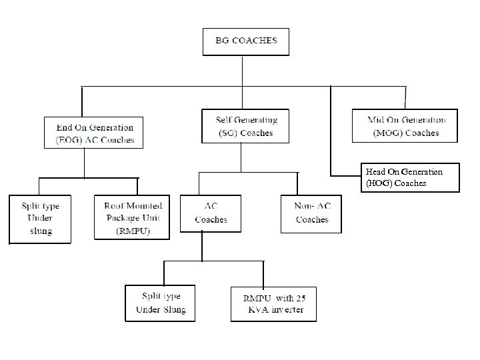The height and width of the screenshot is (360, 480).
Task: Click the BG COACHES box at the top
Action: click(246, 41)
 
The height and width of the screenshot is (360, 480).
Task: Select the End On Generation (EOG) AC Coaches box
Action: click(95, 133)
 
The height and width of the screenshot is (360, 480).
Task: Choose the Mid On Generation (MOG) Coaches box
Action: click(405, 126)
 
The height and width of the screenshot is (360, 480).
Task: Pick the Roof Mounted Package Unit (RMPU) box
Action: click(132, 217)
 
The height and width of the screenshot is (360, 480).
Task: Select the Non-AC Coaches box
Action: click(311, 213)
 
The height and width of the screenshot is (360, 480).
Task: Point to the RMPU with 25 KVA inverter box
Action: click(273, 303)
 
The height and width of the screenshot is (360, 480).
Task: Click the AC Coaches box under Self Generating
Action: click(211, 213)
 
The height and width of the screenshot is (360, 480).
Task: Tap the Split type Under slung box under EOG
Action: click(40, 218)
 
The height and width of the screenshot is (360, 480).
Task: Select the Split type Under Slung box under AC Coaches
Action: click(161, 303)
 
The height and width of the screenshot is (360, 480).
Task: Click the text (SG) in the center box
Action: click(228, 133)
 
